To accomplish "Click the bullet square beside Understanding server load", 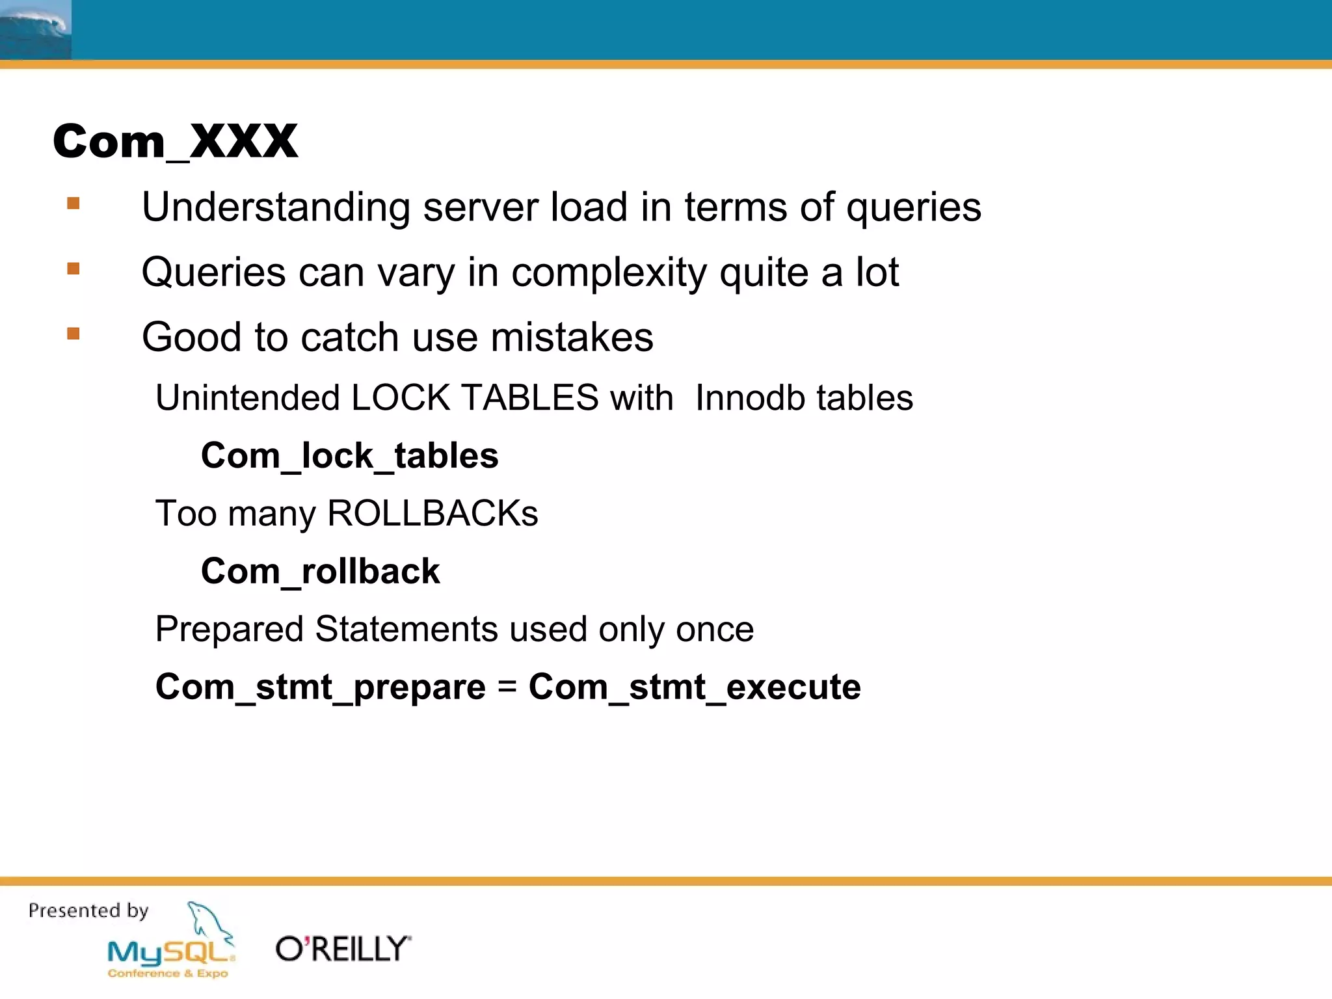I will click(x=73, y=204).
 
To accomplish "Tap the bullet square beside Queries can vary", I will click(x=73, y=269).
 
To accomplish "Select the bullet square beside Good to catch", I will click(x=73, y=334).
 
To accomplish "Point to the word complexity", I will click(x=609, y=273).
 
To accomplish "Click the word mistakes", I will click(x=572, y=338).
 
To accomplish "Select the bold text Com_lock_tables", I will click(x=349, y=455).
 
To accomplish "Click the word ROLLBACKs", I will click(x=433, y=513).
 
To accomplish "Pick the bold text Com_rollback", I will click(x=320, y=571).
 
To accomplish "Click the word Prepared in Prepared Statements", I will click(x=229, y=630).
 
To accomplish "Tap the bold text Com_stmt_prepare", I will click(x=320, y=687).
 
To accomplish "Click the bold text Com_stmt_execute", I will click(x=695, y=687).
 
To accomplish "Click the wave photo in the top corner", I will click(x=35, y=29).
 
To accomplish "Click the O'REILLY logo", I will click(x=343, y=949).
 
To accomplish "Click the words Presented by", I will click(x=88, y=911).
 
